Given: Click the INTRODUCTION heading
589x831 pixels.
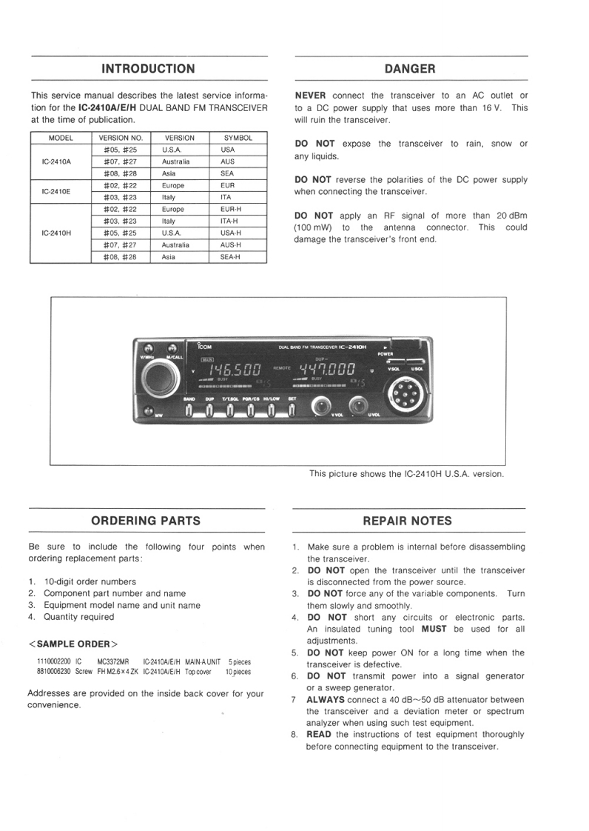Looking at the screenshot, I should click(x=148, y=69).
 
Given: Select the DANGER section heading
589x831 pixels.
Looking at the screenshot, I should click(x=411, y=69).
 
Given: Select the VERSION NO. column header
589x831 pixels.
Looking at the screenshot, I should click(x=121, y=138).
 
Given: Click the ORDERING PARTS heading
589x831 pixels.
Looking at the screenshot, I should click(x=146, y=521).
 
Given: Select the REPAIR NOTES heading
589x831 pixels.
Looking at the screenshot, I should click(x=408, y=521).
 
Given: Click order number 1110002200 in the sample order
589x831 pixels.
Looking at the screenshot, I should click(x=54, y=661).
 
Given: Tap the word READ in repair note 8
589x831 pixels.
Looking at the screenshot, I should click(x=319, y=735).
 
